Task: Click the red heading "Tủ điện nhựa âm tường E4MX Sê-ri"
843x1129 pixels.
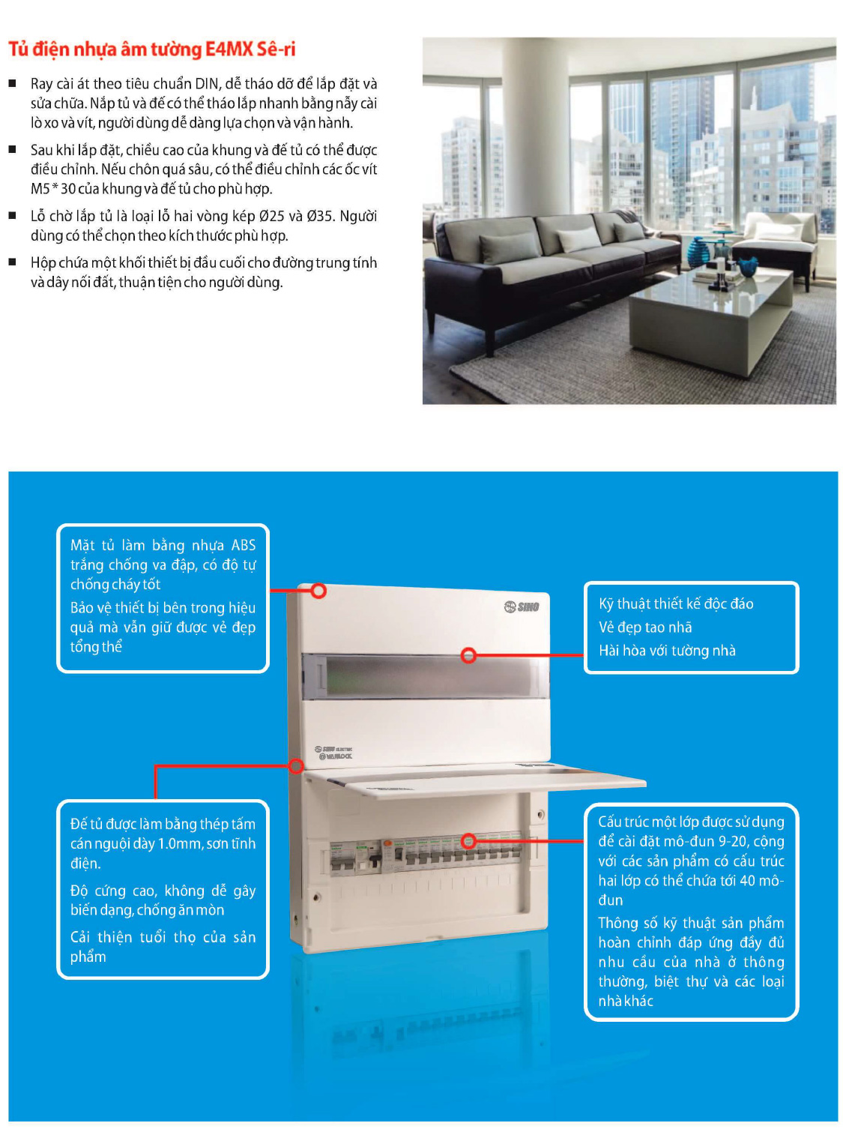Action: [x=152, y=49]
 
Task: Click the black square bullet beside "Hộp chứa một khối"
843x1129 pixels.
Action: [x=13, y=262]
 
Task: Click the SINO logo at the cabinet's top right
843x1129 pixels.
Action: [x=522, y=606]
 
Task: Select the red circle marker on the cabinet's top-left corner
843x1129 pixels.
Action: [x=318, y=591]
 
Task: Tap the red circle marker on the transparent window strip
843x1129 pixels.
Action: [x=469, y=655]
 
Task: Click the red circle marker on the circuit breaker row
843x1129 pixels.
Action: [x=469, y=840]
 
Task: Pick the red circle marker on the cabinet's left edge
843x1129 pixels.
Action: [x=297, y=765]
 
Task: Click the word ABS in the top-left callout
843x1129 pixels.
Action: [x=244, y=545]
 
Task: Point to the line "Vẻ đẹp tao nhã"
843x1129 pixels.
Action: [x=645, y=627]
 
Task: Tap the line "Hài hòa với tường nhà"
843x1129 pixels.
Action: [x=667, y=651]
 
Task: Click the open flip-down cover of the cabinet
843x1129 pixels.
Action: [x=480, y=780]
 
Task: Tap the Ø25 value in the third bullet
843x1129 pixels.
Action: [x=271, y=217]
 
